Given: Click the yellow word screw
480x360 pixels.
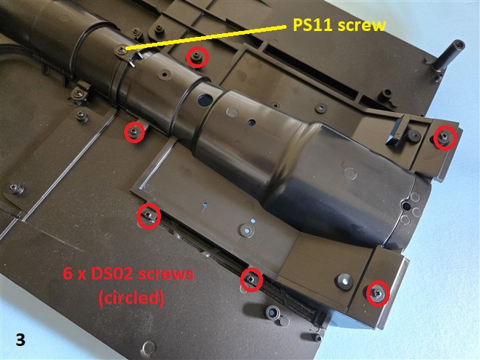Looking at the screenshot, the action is (x=362, y=25).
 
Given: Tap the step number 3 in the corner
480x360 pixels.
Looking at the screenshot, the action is (x=20, y=340).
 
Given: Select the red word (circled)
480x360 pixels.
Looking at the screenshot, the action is (x=131, y=297).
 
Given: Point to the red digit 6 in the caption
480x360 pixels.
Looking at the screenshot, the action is (x=67, y=274).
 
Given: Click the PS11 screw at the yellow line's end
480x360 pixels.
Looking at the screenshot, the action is (x=122, y=49).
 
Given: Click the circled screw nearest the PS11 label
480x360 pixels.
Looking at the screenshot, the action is (x=197, y=57).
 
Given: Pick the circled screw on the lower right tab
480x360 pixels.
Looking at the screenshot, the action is (x=378, y=293).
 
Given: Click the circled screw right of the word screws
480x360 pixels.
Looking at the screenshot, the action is (x=251, y=279).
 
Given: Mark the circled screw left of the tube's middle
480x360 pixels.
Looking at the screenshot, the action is (x=134, y=132).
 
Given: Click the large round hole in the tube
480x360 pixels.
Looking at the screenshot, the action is (x=205, y=100).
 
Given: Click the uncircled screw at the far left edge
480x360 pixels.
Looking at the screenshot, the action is (x=16, y=188).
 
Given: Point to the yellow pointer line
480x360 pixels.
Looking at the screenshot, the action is (x=206, y=37).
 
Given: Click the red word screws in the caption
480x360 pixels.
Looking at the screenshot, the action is (x=165, y=274).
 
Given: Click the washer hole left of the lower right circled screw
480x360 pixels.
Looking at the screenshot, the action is (x=344, y=280).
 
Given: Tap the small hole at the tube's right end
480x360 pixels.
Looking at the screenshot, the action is (x=406, y=206).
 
